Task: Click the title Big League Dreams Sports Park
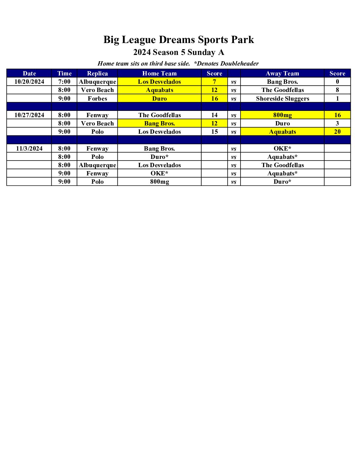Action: tap(179, 40)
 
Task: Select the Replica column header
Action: tap(97, 73)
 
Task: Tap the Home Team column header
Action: tap(159, 73)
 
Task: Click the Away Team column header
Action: tap(282, 73)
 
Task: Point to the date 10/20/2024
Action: tap(29, 82)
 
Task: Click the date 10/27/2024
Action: tap(29, 115)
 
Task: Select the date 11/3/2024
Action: tap(29, 149)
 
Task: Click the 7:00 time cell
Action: tap(64, 82)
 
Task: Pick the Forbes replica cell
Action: tap(97, 99)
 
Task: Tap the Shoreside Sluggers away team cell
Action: tap(282, 99)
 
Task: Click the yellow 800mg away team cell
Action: tap(282, 115)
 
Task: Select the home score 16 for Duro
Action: tap(214, 99)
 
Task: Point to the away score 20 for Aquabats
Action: tap(337, 132)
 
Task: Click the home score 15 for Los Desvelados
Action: tap(214, 132)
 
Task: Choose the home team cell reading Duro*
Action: tap(159, 157)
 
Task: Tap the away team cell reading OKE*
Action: tap(282, 149)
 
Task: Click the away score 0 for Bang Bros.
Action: tap(337, 82)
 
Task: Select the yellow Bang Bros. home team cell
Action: tap(159, 123)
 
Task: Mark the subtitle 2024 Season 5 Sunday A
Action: tap(179, 52)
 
